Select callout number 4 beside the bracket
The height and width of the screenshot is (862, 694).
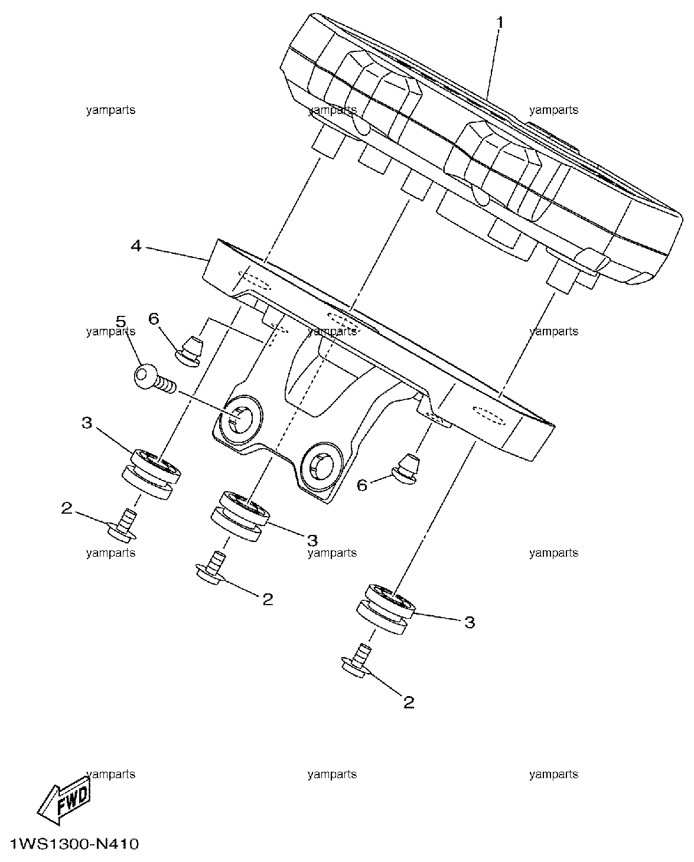click(x=136, y=246)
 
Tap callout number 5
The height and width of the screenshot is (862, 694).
click(x=120, y=321)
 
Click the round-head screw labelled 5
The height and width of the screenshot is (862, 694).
click(x=154, y=378)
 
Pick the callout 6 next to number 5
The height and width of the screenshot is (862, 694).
click(x=154, y=319)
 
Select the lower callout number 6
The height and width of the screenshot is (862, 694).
click(x=362, y=485)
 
